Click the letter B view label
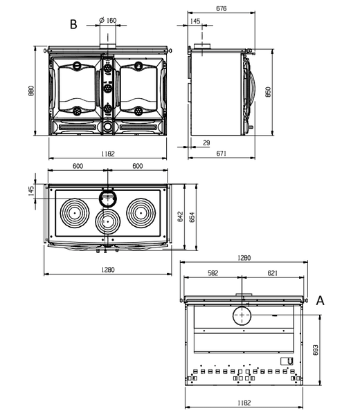point(73,24)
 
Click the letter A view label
point(321,301)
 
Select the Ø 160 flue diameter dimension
point(108,20)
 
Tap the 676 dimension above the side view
point(221,9)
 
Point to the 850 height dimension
point(268,92)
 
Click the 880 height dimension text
point(31,91)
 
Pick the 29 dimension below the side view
point(206,143)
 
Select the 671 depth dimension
point(221,154)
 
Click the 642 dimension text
point(181,216)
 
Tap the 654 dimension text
point(192,217)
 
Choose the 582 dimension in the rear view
point(213,273)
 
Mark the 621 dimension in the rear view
point(272,273)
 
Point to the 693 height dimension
point(316,350)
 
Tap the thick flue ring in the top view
point(100,199)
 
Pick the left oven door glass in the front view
point(77,89)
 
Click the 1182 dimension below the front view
point(108,154)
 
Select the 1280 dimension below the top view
point(108,270)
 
